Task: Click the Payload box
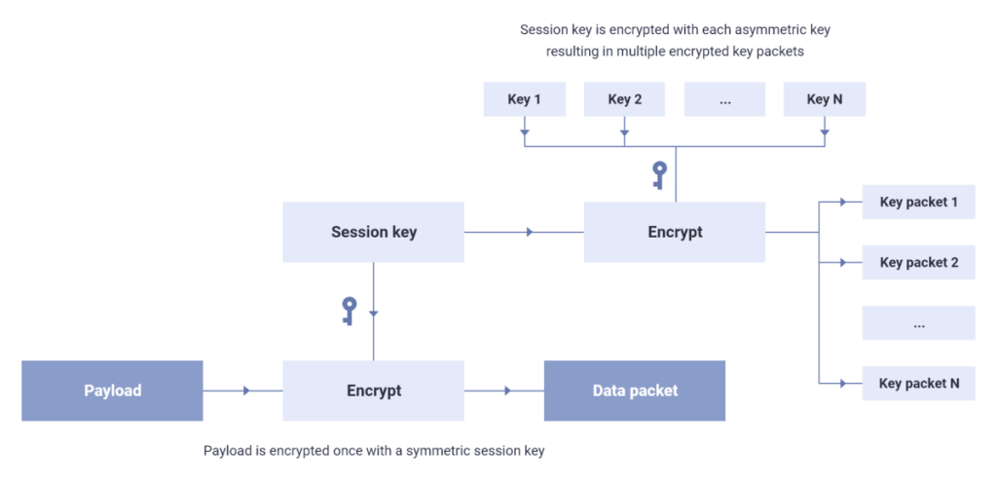point(112,391)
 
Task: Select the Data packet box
point(635,391)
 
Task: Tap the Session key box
point(373,232)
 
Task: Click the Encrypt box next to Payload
point(373,391)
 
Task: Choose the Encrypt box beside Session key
point(675,232)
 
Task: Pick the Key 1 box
point(524,99)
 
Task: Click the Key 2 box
point(624,99)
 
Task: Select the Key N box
point(824,99)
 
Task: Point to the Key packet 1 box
point(918,203)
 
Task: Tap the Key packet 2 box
point(918,263)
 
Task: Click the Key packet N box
point(918,383)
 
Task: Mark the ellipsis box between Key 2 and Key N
point(724,99)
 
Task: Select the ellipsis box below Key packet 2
point(918,323)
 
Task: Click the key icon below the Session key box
point(350,311)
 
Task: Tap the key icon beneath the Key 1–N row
point(659,175)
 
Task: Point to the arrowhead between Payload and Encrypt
point(247,391)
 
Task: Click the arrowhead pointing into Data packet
point(509,391)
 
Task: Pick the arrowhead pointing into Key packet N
point(842,383)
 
